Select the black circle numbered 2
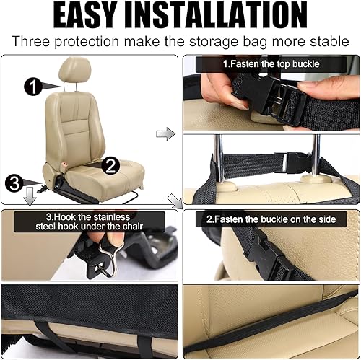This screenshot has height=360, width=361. [x=110, y=164]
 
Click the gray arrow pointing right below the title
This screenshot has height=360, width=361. [x=166, y=133]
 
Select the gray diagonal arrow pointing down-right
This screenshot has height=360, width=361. [x=174, y=200]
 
